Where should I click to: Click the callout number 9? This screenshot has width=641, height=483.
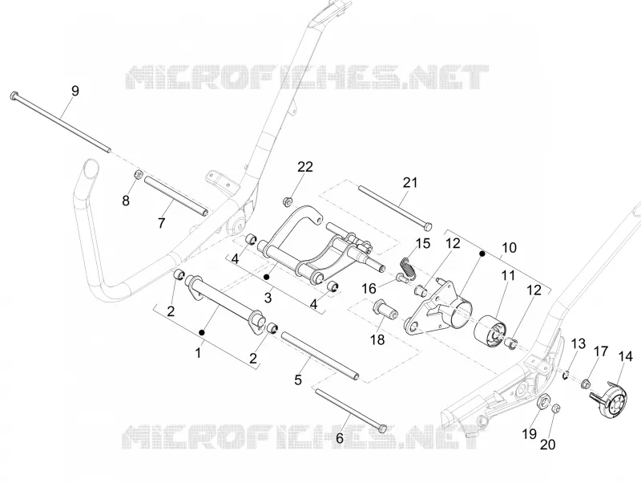[75, 91]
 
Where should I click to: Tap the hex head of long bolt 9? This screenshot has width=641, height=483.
[14, 96]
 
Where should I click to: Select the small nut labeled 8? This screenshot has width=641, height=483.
[138, 174]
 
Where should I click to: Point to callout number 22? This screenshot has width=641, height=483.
[305, 167]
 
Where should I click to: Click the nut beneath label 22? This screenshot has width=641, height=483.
[288, 201]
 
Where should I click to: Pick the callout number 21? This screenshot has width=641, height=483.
[410, 183]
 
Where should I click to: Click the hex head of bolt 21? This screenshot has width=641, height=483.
[427, 226]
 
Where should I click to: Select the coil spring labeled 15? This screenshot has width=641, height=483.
[408, 267]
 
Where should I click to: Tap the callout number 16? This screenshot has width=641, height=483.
[369, 289]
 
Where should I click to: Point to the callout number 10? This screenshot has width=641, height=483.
[509, 248]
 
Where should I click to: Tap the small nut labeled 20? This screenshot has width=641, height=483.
[555, 408]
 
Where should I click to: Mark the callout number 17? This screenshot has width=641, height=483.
[600, 351]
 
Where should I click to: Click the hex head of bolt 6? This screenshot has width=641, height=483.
[382, 428]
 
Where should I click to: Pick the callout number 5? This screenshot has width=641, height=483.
[298, 379]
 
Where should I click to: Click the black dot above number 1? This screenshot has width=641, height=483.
[202, 332]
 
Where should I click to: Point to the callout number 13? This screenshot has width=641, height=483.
[578, 344]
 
